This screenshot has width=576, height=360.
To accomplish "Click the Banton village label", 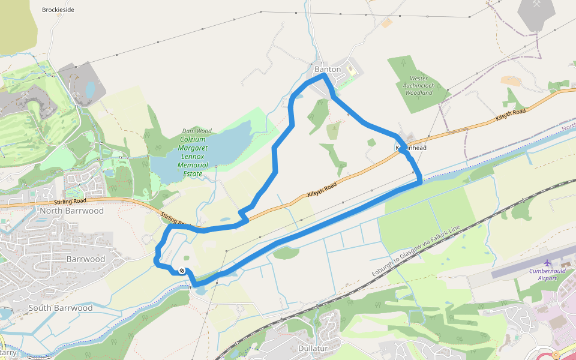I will coord(328,70).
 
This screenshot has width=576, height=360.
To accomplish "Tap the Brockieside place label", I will coord(58,10).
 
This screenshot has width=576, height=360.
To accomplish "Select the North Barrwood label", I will coord(71,211).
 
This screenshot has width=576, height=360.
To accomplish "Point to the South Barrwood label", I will coord(61,308).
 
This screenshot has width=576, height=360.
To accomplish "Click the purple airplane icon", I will coord(547,263).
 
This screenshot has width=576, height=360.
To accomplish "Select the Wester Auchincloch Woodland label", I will coord(418,86).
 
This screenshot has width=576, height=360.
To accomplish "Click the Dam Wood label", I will coord(197,131).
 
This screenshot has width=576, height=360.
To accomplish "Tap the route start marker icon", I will coord(181,271).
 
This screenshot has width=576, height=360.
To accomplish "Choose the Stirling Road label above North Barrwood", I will coord(70,201).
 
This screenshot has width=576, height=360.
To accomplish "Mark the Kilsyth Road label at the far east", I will coord(511,115).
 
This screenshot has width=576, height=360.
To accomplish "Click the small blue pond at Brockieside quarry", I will coord(90,90).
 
